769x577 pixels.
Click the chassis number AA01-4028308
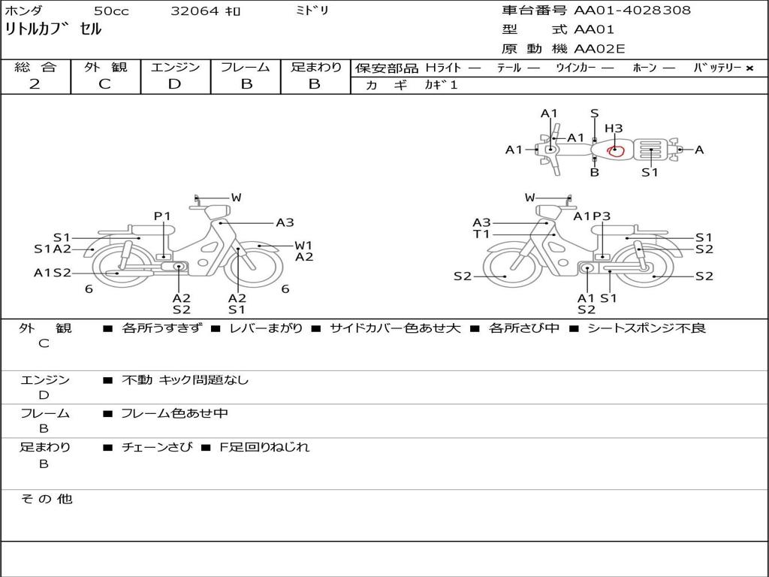[632, 10]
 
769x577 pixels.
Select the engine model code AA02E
[599, 49]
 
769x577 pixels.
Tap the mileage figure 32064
[195, 11]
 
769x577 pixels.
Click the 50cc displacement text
[111, 11]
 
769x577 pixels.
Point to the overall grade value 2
[35, 84]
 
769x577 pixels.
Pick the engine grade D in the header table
[174, 84]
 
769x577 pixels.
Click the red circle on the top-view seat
[615, 150]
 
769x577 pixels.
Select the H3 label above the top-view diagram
[614, 128]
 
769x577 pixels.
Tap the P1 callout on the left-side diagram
[162, 216]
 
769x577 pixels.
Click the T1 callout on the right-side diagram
[481, 234]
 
